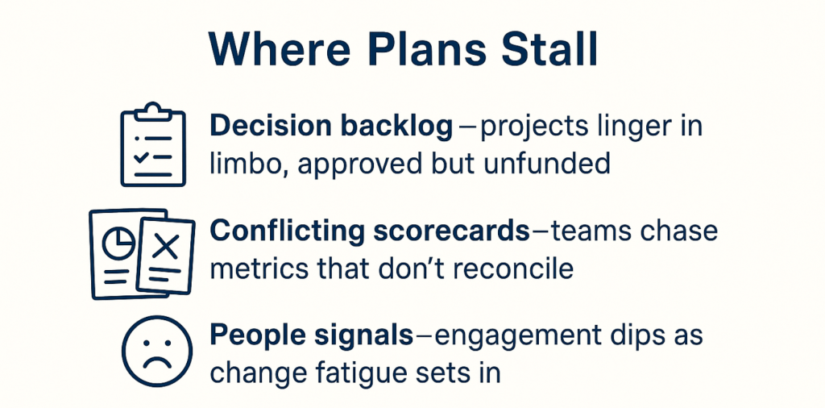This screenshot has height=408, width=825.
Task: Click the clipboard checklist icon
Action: tap(153, 145)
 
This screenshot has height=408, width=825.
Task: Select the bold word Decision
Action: tap(270, 127)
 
